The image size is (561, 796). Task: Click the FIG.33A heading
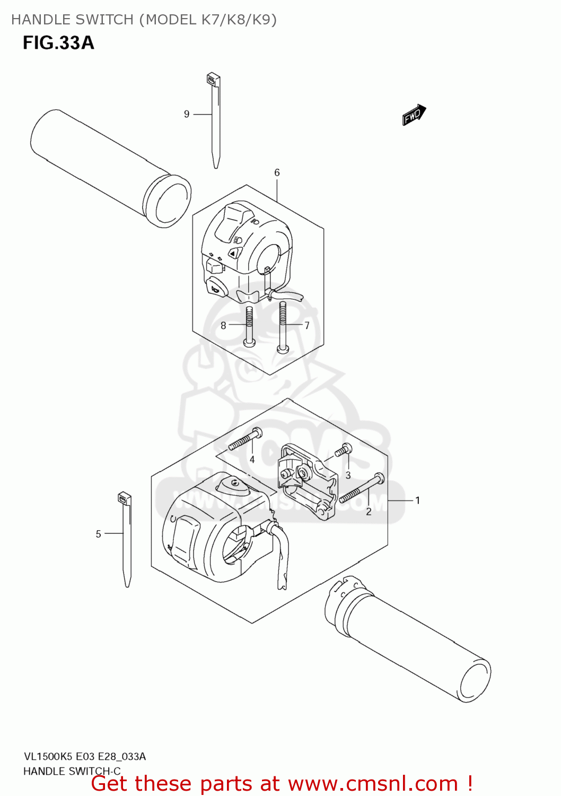58,42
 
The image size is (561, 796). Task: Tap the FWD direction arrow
414,115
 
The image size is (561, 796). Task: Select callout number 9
187,114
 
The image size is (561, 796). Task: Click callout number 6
277,172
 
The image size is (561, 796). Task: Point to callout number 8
223,325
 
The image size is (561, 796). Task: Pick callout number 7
307,325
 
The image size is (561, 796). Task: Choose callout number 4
252,460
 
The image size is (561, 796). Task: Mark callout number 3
348,475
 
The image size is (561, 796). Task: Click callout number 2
369,512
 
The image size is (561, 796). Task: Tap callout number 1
418,500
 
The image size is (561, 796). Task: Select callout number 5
98,534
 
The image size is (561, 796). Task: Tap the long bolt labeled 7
283,326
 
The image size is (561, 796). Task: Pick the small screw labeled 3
342,451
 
